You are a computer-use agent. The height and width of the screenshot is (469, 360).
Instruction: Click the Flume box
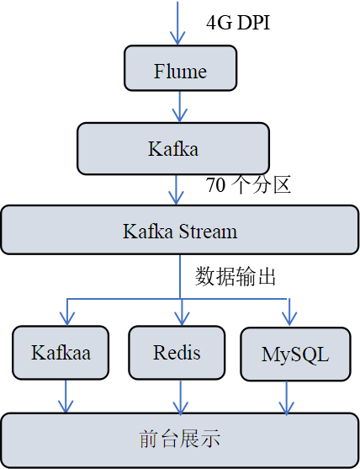[181, 68]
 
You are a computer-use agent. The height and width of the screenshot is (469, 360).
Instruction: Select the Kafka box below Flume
[173, 148]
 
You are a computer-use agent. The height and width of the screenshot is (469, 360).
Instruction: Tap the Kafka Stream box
[180, 230]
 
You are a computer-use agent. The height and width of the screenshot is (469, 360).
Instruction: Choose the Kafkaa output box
[61, 353]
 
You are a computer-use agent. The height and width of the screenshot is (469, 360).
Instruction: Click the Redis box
[177, 353]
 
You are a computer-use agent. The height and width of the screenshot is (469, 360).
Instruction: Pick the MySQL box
[295, 354]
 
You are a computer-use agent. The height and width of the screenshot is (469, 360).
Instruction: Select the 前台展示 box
[180, 440]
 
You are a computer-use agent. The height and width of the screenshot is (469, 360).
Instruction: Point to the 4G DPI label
[238, 23]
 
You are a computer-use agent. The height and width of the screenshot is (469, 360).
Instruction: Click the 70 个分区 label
[248, 185]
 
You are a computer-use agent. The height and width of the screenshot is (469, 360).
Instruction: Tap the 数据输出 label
[236, 277]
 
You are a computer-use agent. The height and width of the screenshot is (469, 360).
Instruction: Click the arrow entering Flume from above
[177, 24]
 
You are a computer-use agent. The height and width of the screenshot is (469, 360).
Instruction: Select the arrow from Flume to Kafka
[180, 107]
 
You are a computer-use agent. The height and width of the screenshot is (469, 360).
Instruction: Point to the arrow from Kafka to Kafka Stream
[177, 190]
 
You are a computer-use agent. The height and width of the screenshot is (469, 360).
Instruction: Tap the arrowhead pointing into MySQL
[289, 319]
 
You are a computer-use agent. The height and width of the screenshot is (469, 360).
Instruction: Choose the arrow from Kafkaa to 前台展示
[66, 397]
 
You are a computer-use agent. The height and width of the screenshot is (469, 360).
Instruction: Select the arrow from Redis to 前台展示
[181, 397]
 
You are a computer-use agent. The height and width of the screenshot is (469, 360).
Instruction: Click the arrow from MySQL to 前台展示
[287, 397]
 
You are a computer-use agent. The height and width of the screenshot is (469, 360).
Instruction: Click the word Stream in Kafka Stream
[208, 232]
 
